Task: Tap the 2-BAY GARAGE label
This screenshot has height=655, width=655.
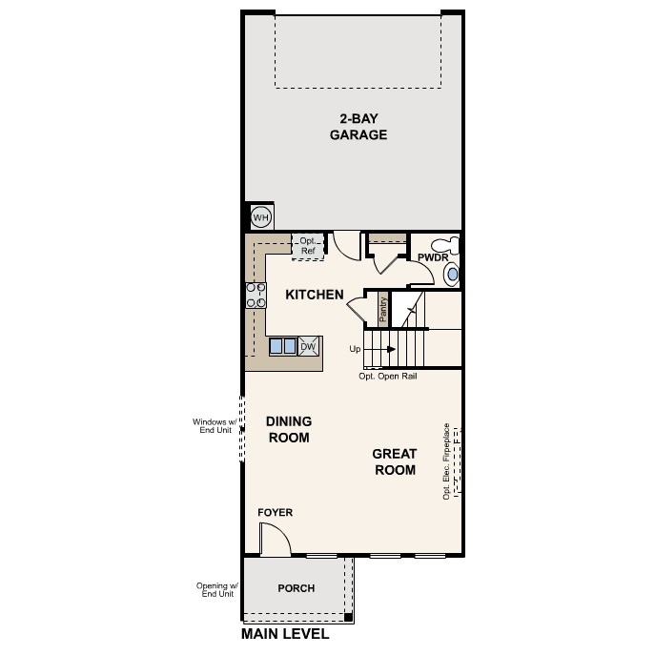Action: point(358,127)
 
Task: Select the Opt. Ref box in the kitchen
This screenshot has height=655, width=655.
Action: point(308,246)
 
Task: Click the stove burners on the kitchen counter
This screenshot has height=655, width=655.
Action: point(256,296)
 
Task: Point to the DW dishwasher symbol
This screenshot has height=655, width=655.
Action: point(308,346)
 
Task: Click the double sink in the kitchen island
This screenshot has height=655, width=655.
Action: point(282,346)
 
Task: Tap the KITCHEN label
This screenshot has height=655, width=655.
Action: point(315,295)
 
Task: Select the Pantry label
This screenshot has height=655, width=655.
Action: point(383,309)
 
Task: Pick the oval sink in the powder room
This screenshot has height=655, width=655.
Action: point(452,275)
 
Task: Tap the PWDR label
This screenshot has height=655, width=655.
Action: point(432,258)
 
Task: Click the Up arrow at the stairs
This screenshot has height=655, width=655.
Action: point(367,349)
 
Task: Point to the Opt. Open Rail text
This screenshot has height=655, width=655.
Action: point(387,377)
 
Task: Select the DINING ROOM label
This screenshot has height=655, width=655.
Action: point(289,429)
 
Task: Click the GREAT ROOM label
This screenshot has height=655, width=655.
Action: point(394,462)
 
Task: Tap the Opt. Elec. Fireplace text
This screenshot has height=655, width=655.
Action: point(446,461)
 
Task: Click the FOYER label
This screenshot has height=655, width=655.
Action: point(276,513)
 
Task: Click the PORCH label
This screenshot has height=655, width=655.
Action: point(296,588)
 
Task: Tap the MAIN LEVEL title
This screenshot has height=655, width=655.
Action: point(285,634)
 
